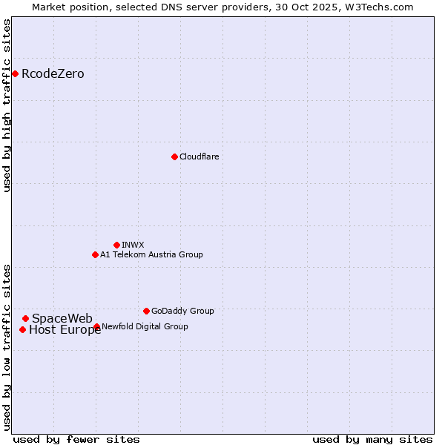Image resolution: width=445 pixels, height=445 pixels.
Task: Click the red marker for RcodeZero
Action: pyautogui.click(x=15, y=73)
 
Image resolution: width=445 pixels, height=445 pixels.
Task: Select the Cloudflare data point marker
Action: pyautogui.click(x=174, y=156)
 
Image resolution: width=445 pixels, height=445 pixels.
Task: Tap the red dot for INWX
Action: pyautogui.click(x=116, y=245)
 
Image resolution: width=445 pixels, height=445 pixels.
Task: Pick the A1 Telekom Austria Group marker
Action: pyautogui.click(x=95, y=254)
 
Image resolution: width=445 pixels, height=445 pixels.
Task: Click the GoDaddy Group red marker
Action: pyautogui.click(x=146, y=311)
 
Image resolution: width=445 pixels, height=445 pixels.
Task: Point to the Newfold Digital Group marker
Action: pyautogui.click(x=97, y=326)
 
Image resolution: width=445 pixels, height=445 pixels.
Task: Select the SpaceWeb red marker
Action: pyautogui.click(x=25, y=318)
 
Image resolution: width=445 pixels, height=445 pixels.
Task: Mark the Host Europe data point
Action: pyautogui.click(x=23, y=329)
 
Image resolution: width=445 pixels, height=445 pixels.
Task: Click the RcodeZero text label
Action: pyautogui.click(x=53, y=73)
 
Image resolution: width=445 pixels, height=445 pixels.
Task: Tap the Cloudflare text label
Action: pyautogui.click(x=199, y=156)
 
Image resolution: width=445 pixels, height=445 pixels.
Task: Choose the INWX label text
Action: pyautogui.click(x=133, y=245)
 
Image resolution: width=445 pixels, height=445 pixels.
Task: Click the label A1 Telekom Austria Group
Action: pyautogui.click(x=151, y=254)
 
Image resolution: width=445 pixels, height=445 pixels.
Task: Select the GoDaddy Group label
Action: pyautogui.click(x=182, y=311)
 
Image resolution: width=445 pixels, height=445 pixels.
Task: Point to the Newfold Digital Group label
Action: pyautogui.click(x=145, y=326)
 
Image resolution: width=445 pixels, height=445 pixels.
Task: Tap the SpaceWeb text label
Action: pyautogui.click(x=62, y=318)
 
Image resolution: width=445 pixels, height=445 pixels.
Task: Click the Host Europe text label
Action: pyautogui.click(x=65, y=330)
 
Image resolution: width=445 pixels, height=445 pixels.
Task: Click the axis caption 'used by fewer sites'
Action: pyautogui.click(x=76, y=439)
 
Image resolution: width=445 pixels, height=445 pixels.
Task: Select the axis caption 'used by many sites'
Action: pyautogui.click(x=372, y=439)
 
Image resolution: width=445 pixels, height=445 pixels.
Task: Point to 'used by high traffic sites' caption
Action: pyautogui.click(x=7, y=105)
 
